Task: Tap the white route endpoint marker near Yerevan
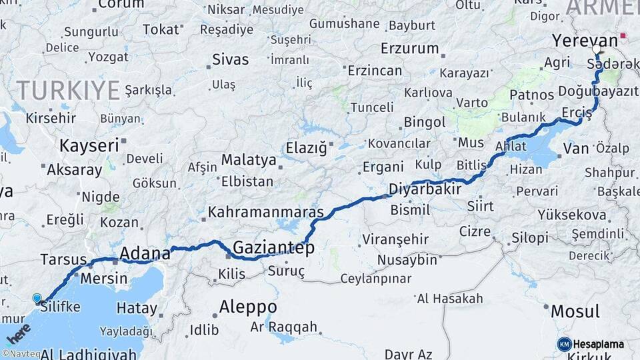pos(597,49)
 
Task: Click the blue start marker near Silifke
pos(37,299)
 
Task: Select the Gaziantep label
pos(273,247)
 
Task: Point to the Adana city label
pos(145,253)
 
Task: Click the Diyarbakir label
pos(425,189)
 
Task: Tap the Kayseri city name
pos(89,145)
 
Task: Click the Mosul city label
pos(575,311)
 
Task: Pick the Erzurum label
pos(409,48)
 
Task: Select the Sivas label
pos(230,59)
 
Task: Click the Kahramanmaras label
pos(266,213)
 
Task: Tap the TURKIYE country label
pos(68,90)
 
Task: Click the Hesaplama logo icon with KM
pos(565,344)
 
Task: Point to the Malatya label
pos(248,160)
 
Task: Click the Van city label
pos(576,148)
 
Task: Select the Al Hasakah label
pos(449,298)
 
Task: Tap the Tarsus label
pos(63,259)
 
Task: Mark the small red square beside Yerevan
pos(623,35)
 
